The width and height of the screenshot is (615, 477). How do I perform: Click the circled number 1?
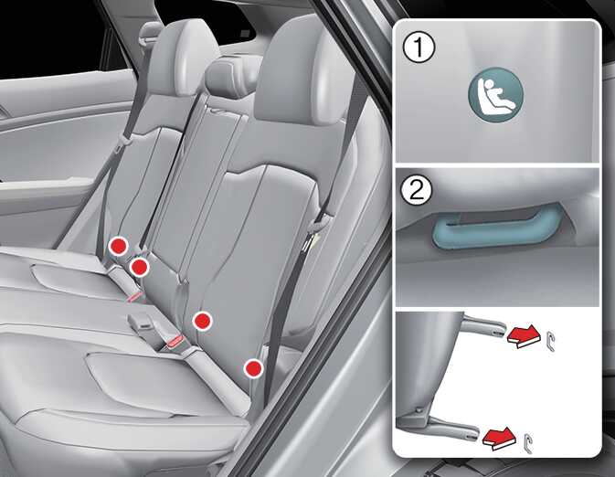tap(419, 48)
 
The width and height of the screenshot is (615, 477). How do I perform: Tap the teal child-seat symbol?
tap(496, 93)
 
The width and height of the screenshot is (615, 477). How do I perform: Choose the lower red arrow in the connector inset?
tap(499, 438)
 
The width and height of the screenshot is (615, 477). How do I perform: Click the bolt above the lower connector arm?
tap(419, 409)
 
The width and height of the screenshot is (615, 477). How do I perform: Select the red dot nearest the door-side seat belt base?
tap(253, 368)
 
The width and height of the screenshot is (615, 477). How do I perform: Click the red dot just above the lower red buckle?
tap(202, 321)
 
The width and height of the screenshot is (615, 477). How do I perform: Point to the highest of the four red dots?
tap(119, 247)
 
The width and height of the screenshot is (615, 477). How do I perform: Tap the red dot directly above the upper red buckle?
tap(139, 267)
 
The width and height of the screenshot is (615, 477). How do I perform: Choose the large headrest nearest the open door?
tap(292, 75)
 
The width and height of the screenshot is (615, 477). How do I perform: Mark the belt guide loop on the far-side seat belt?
tap(124, 140)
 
